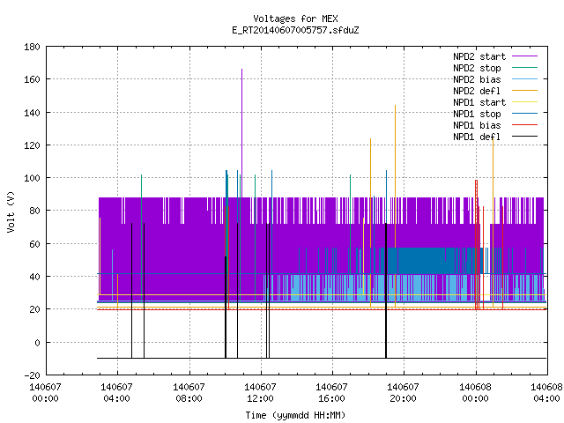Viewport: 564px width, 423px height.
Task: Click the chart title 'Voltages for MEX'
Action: click(295, 19)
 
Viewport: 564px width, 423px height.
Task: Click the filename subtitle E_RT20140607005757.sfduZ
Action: click(295, 30)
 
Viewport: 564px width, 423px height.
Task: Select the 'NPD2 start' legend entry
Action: click(495, 56)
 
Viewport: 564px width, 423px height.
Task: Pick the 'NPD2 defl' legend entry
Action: click(495, 91)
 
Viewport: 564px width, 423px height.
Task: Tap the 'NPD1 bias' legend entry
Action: click(495, 125)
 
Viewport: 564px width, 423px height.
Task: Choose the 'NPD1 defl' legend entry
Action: click(495, 137)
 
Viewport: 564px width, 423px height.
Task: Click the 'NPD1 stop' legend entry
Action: click(495, 114)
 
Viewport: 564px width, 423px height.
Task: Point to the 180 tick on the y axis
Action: click(32, 47)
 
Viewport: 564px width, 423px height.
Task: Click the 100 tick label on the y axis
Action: click(32, 178)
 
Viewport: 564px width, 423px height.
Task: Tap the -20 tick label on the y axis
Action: click(32, 375)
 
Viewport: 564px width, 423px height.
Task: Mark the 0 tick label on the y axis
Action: click(37, 343)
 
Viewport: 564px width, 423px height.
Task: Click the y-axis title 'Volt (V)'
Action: click(11, 211)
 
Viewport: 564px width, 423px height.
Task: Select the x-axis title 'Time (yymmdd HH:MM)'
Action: click(295, 415)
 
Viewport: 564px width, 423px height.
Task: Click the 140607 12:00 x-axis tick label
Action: click(260, 393)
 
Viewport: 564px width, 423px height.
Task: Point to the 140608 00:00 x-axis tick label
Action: click(475, 393)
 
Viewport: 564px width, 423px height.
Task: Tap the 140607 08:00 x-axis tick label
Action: click(189, 393)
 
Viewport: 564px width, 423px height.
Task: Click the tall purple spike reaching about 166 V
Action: click(241, 133)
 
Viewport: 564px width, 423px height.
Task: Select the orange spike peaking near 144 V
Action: click(395, 205)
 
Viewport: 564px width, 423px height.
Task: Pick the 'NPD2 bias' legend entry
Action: click(495, 79)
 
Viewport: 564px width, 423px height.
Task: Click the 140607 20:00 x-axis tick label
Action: click(403, 393)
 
